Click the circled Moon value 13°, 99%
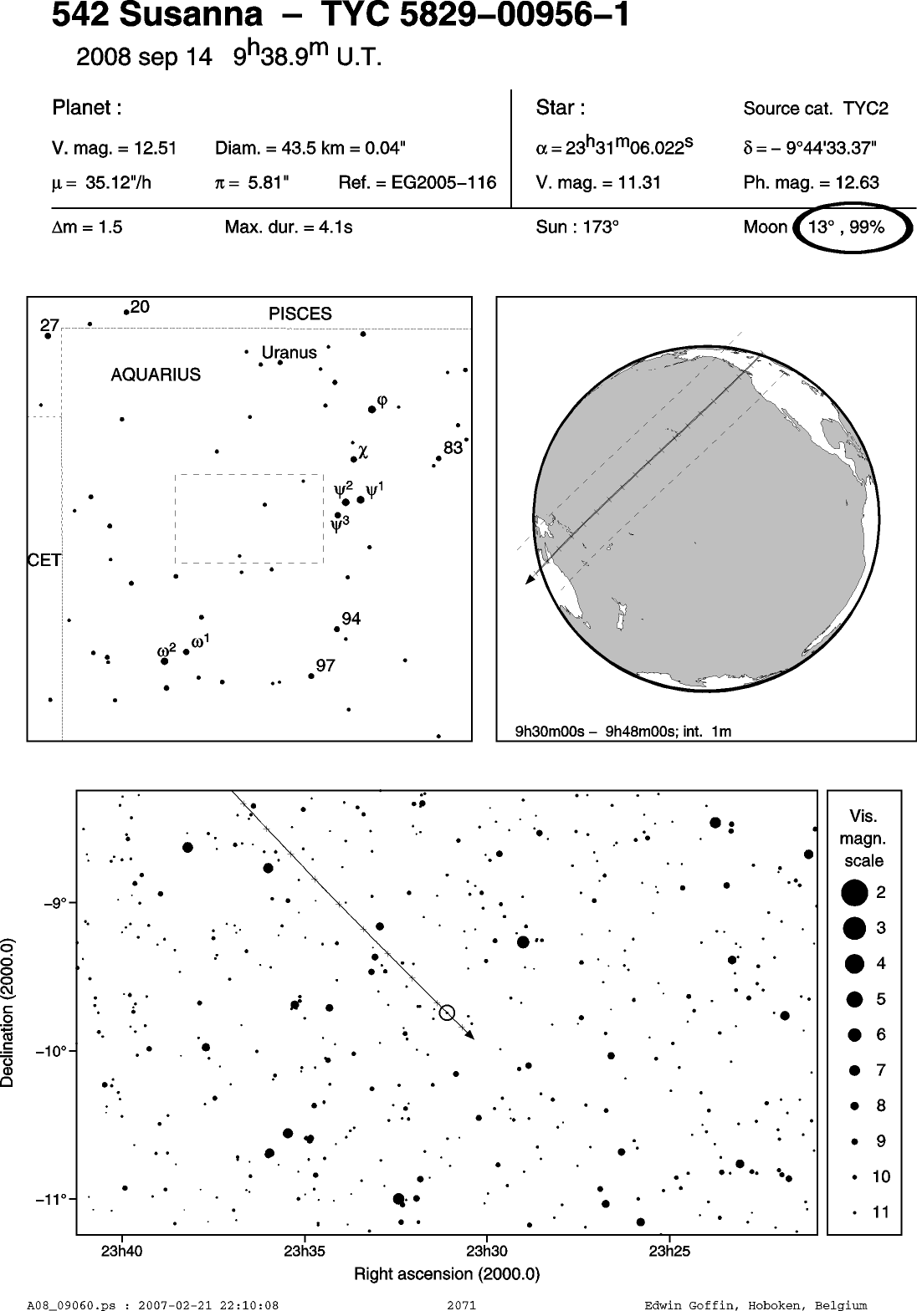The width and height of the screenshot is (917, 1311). pos(846,227)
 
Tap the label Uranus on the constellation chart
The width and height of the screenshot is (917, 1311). pos(289,352)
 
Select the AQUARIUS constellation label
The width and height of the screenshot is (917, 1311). pos(156,375)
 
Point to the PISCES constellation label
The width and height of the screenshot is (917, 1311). pos(300,314)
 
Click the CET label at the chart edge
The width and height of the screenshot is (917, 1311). pos(44,560)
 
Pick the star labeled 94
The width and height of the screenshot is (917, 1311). pos(336,629)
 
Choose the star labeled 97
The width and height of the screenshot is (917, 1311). pos(311,676)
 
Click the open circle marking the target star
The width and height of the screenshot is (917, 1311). pos(447,1013)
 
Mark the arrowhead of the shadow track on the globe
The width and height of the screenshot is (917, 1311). pos(530,579)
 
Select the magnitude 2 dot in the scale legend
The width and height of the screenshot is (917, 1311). pos(854,893)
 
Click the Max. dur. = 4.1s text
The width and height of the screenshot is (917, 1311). pos(289,227)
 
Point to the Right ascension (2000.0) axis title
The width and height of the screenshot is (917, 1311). pos(447,1273)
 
